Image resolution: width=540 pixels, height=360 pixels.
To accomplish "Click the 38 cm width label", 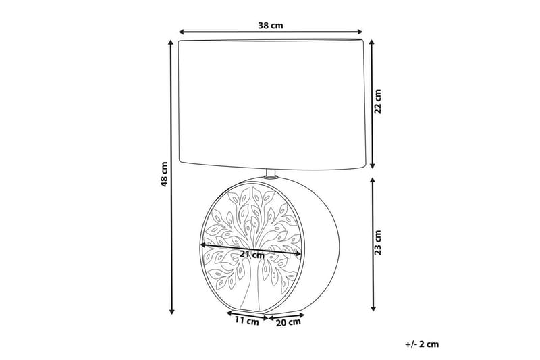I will [x=271, y=26].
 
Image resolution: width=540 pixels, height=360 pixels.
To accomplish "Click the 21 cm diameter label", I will [x=252, y=255].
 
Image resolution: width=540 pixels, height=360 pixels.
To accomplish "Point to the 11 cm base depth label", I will [x=247, y=322].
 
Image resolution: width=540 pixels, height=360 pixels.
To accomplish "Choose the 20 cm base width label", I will [x=288, y=322].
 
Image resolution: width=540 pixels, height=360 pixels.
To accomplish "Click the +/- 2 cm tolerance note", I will [x=422, y=344].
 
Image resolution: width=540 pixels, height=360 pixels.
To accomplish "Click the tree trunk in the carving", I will [x=252, y=287].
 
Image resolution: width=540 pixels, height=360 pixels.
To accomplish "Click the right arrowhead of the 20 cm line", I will [x=306, y=314].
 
